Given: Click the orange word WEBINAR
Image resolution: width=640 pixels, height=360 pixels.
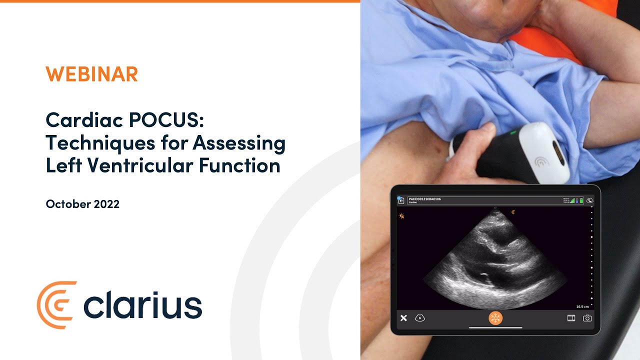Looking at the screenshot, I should tap(91, 74).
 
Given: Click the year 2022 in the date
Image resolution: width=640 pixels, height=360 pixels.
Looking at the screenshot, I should tap(106, 204).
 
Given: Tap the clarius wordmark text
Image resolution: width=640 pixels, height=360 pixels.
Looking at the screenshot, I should tap(143, 305).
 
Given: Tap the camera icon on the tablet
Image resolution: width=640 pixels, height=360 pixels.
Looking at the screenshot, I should tap(587, 318).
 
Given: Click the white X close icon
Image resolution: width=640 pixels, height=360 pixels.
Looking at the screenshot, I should tap(403, 318).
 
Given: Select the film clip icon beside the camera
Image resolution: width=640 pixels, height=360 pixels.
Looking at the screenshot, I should tap(571, 318).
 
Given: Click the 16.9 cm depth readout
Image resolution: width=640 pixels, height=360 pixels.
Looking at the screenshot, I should tap(582, 306).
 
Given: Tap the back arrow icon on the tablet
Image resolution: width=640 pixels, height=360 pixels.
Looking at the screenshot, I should tap(401, 200).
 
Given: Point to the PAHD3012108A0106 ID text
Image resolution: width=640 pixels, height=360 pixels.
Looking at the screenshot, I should tap(424, 199).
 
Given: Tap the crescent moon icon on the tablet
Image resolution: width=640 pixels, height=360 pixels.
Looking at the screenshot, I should tap(590, 201).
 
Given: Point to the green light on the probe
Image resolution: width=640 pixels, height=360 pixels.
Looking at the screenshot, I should tap(513, 133).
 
